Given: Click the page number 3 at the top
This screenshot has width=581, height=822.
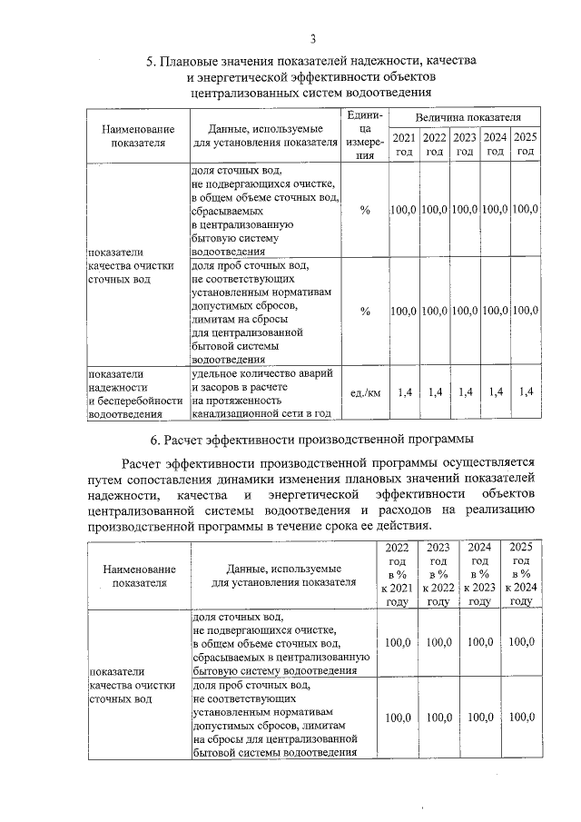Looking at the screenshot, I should click(x=311, y=38).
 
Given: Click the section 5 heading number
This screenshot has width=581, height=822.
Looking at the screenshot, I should click(x=151, y=62).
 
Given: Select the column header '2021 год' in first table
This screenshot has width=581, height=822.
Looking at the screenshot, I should click(x=404, y=144).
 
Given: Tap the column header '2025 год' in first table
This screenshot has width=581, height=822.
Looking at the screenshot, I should click(x=525, y=144).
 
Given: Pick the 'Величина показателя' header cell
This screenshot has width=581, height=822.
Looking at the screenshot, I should click(x=467, y=118).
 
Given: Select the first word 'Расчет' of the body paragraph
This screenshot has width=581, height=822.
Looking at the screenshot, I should click(x=138, y=462).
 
